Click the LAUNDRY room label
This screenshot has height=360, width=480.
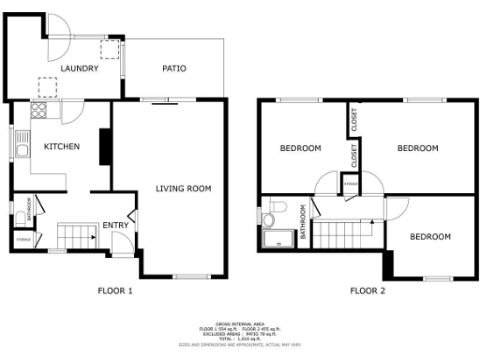[x=79, y=68]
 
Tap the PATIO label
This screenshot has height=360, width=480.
[x=173, y=68]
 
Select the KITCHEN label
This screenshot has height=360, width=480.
[x=61, y=146]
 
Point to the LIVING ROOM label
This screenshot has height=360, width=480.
[x=183, y=188]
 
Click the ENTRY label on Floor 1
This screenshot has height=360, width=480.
[x=115, y=225]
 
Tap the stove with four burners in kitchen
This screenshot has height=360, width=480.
[x=40, y=112]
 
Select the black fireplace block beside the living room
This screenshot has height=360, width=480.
[x=105, y=146]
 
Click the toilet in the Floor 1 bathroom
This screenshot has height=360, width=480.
[x=20, y=217]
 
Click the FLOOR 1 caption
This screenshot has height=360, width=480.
[x=115, y=291]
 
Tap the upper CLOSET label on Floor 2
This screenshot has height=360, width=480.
[x=354, y=121]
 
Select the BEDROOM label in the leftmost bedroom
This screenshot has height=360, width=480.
[x=300, y=148]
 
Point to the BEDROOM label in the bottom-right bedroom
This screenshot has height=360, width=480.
[x=430, y=236]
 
